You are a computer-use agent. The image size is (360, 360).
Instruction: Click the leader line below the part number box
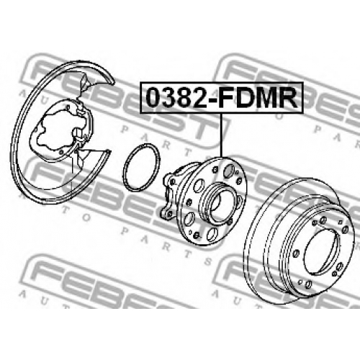[x=221, y=135]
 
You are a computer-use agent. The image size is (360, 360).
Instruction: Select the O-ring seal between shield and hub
[x=141, y=168]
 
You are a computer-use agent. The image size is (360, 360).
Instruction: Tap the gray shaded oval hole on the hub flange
[x=228, y=171]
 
